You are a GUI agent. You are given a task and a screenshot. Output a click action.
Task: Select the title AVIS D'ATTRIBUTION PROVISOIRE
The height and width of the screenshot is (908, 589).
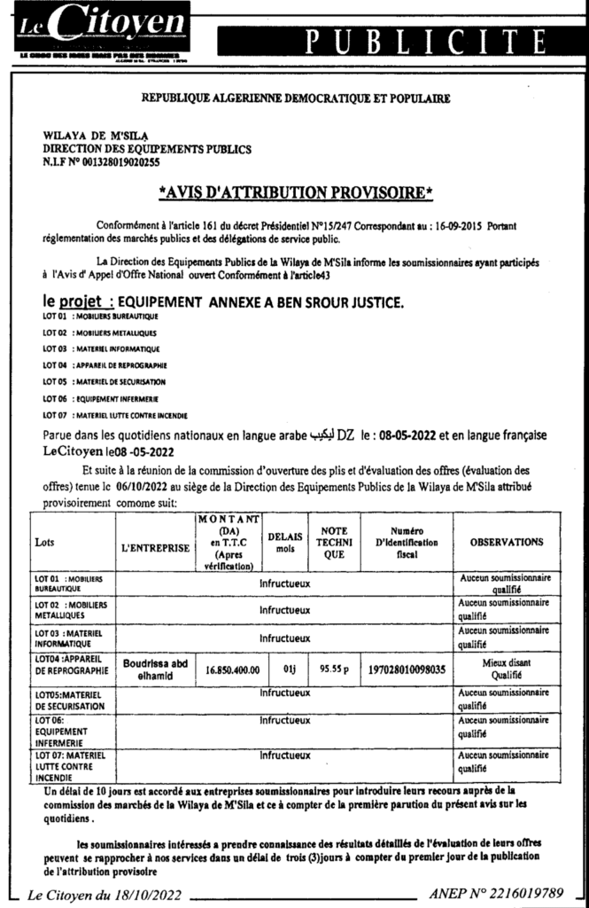[x=295, y=192]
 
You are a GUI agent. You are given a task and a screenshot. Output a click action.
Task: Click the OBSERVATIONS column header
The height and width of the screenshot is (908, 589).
[x=507, y=541]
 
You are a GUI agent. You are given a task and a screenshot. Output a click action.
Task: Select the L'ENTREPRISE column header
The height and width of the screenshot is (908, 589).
[x=156, y=548]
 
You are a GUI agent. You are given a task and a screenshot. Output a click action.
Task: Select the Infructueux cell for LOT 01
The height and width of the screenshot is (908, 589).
[x=284, y=585]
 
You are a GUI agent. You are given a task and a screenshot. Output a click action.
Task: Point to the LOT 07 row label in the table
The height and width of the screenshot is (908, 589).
[x=71, y=764]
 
